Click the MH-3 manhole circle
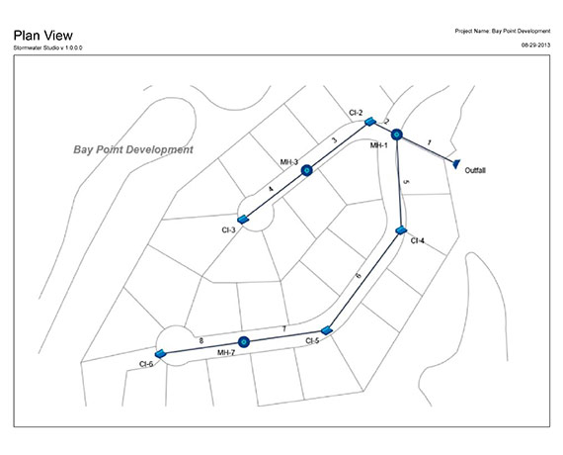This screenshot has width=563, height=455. tap(306, 170)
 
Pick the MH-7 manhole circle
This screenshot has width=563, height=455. tap(243, 342)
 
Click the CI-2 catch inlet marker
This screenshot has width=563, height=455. tap(369, 122)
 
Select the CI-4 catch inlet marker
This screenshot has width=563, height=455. tap(401, 230)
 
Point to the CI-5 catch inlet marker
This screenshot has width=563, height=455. tap(326, 330)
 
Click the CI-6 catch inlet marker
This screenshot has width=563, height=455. tap(159, 353)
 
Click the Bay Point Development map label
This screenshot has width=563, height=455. tap(133, 149)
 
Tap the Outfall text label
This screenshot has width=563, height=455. tap(475, 171)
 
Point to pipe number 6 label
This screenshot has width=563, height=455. tap(358, 275)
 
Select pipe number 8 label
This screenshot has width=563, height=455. tap(201, 339)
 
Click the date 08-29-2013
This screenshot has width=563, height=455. tap(535, 44)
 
